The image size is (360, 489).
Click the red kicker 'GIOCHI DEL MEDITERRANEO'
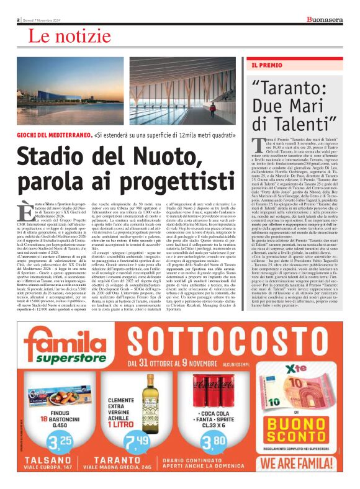click(x=55, y=134)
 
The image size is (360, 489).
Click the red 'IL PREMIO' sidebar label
click(x=266, y=65)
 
